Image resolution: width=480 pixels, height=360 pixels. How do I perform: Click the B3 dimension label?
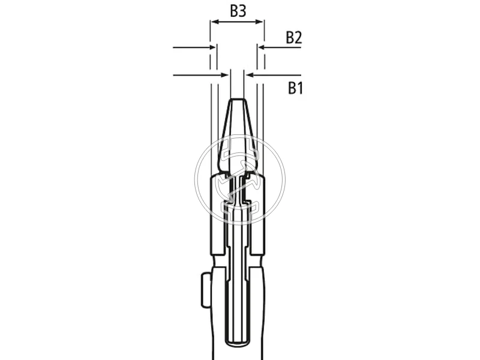[x=238, y=10]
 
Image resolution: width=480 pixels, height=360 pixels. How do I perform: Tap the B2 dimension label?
[x=293, y=38]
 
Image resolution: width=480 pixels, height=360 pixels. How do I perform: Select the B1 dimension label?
[x=295, y=88]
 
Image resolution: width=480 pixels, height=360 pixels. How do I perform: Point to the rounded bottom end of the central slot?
[x=237, y=343]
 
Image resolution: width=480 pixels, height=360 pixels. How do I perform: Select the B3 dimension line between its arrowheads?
[x=237, y=22]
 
